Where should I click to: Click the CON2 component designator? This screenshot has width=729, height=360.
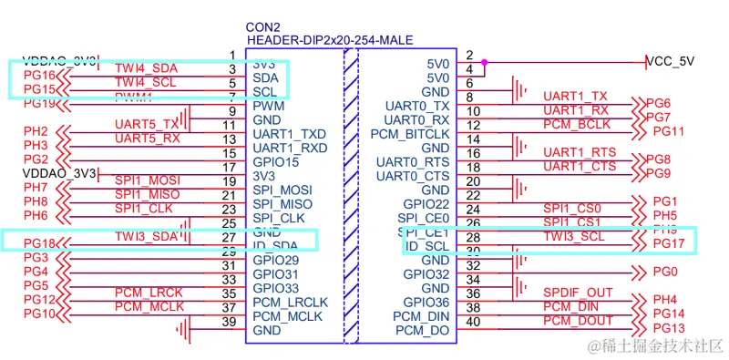[262, 26]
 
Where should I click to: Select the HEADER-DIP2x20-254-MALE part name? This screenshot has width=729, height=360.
[329, 41]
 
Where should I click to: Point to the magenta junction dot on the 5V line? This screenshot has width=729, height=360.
[484, 63]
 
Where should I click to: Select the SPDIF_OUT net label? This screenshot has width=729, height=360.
[578, 292]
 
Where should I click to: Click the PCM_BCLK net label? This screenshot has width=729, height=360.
[576, 124]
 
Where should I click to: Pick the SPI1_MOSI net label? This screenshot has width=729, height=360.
[148, 180]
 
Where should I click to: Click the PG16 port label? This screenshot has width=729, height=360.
[39, 75]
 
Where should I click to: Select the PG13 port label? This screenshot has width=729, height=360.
[668, 328]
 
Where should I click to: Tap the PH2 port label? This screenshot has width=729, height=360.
[36, 131]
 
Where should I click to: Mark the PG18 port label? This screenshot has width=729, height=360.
[40, 243]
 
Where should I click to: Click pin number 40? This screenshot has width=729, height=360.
[471, 322]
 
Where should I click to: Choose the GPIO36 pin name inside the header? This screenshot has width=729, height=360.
[426, 302]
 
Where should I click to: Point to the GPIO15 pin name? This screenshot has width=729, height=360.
[275, 161]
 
